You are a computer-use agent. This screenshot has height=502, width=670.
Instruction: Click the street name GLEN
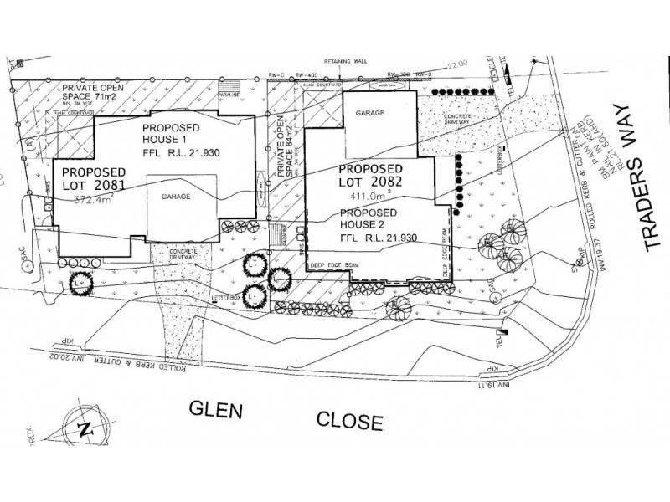217,410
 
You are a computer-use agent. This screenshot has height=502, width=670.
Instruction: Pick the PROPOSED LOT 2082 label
371,174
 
